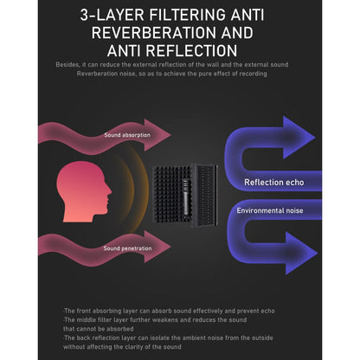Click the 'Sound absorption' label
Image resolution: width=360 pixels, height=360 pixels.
127,135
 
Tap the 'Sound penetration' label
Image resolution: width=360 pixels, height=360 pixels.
127,248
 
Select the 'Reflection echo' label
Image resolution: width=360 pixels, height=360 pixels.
274,183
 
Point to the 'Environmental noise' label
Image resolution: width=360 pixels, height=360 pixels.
270,210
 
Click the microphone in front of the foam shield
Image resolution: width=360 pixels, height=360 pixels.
185,196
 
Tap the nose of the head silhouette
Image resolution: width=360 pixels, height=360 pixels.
109,190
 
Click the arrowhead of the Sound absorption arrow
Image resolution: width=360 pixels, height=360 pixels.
157,135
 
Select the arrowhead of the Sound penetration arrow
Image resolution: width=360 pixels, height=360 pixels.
157,247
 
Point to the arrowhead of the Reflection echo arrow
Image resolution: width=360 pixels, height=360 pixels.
299,138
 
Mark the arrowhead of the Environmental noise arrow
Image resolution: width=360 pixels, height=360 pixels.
301,253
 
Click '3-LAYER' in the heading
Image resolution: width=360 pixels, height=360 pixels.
112,15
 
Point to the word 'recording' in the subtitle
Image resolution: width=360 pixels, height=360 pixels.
253,74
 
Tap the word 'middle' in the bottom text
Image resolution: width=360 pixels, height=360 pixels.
87,320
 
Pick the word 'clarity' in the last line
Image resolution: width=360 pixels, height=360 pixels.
139,347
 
